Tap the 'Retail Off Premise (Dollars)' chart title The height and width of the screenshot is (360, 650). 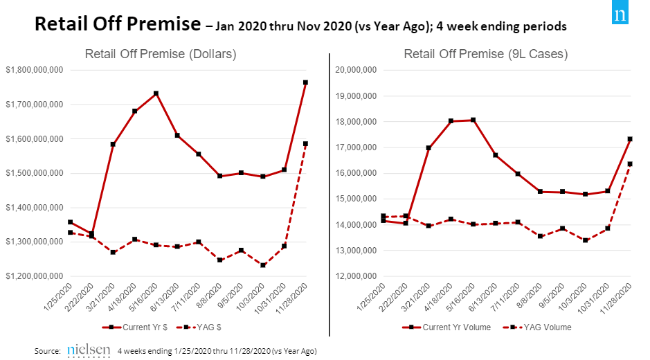pyautogui.click(x=161, y=54)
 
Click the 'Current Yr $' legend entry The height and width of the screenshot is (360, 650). pyautogui.click(x=128, y=327)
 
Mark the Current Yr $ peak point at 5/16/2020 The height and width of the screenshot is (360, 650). pyautogui.click(x=156, y=93)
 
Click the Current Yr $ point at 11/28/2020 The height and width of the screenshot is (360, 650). pyautogui.click(x=306, y=82)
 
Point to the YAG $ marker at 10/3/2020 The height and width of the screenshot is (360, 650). pyautogui.click(x=263, y=265)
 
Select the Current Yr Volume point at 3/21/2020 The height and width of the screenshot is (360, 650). pyautogui.click(x=428, y=147)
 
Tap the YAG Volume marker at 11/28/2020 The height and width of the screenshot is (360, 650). pyautogui.click(x=630, y=164)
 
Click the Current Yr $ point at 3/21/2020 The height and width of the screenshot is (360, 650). pyautogui.click(x=113, y=144)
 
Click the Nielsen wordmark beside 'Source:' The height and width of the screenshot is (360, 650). pyautogui.click(x=89, y=350)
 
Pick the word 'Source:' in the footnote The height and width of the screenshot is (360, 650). pyautogui.click(x=48, y=352)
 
